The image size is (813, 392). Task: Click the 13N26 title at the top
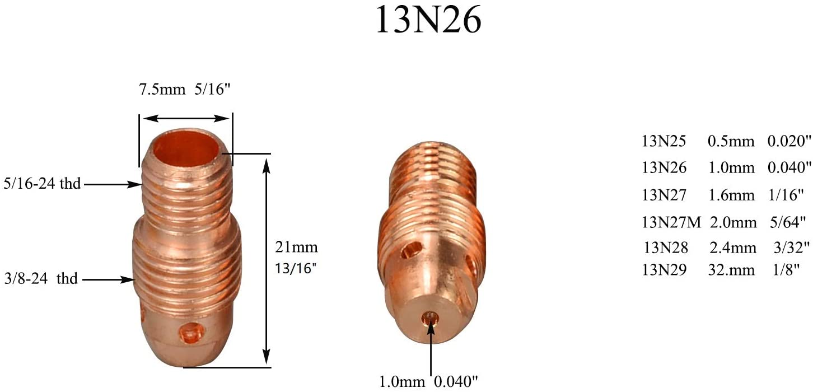[428, 21]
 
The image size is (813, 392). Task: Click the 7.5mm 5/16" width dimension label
[185, 90]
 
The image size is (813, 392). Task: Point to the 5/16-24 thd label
[42, 183]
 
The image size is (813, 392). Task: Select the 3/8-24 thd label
[40, 278]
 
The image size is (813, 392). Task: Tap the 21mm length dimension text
[296, 246]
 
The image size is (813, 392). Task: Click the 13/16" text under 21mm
[296, 268]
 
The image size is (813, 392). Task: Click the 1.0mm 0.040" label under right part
[429, 382]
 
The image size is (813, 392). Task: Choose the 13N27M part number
[671, 222]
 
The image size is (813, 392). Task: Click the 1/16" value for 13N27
[786, 194]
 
